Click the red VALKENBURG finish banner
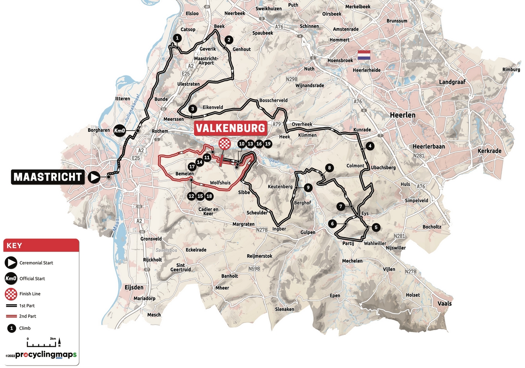coord(231,128)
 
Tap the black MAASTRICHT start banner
coord(48,177)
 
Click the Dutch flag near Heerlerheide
coord(364,55)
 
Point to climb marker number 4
coord(370,146)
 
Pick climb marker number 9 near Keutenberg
coord(308,187)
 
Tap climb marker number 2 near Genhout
coord(229,40)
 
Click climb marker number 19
coord(267,144)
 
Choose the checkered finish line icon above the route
coord(224,143)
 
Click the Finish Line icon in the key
coord(11,294)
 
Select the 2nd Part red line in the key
coord(11,316)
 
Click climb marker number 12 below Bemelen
coord(191,196)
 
